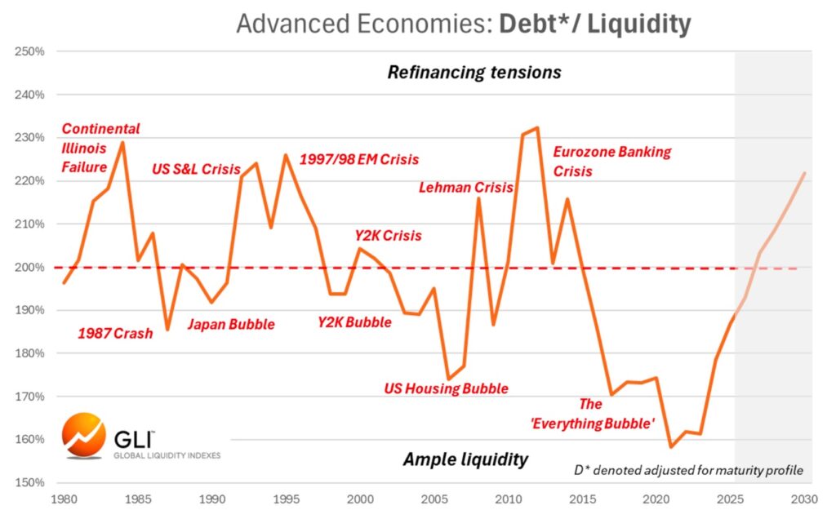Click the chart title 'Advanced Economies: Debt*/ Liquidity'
[x=463, y=24]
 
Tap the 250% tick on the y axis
[x=29, y=51]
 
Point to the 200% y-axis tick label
[x=29, y=267]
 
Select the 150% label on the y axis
[x=29, y=482]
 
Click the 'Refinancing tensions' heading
[x=474, y=72]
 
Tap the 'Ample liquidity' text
[x=465, y=459]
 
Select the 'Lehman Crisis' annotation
[x=465, y=187]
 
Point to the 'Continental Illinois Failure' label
[x=100, y=148]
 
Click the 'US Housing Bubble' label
[x=446, y=388]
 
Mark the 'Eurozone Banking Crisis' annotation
[x=611, y=161]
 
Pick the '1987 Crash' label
[x=115, y=333]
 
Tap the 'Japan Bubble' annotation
[x=231, y=324]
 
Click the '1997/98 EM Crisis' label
[x=359, y=159]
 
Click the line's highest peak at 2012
[x=536, y=127]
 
